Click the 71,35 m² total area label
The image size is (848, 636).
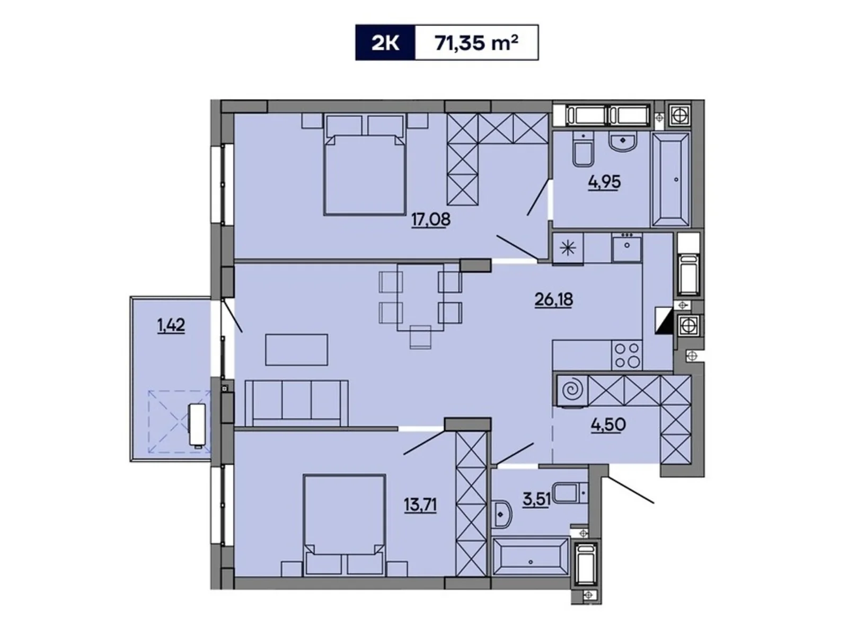[x=476, y=42]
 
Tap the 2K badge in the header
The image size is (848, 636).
[x=385, y=42]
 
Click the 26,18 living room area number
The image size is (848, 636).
[x=553, y=299]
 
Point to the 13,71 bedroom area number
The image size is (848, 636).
[x=420, y=505]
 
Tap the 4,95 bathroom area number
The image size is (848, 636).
[x=604, y=182]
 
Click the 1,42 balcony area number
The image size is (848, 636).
[x=171, y=325]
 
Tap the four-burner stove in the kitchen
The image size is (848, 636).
[x=626, y=355]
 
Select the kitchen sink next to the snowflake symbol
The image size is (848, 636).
[x=626, y=246]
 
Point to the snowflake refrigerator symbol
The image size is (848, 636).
[x=568, y=248]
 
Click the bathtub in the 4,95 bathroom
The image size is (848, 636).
[x=670, y=180]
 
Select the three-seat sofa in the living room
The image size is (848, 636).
[x=296, y=402]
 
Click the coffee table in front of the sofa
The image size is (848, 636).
[x=296, y=349]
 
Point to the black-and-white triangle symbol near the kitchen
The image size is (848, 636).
[x=663, y=321]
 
